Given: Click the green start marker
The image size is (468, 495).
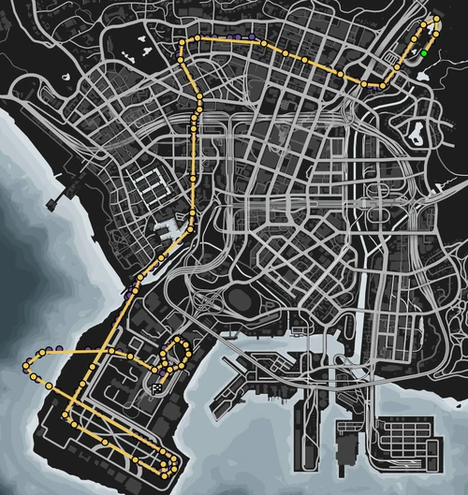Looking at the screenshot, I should click(424, 53).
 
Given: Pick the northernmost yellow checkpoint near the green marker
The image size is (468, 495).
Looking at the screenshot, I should click(433, 21).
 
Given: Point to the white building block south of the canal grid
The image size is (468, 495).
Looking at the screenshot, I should click(174, 227).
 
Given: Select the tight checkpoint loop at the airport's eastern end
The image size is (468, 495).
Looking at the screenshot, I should click(168, 461).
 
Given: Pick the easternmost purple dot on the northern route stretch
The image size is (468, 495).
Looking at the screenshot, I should click(253, 36).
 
